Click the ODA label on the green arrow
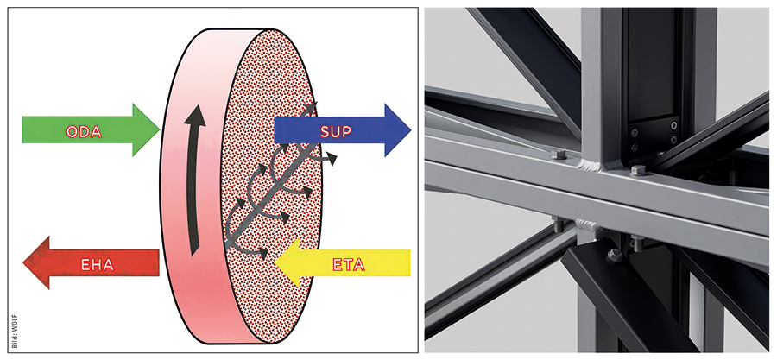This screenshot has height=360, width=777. (x=84, y=132)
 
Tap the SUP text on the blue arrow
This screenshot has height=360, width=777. (x=336, y=131)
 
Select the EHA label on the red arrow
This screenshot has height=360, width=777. (x=98, y=265)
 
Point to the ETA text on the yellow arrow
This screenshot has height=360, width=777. (x=349, y=265)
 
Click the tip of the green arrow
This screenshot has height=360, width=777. (x=159, y=129)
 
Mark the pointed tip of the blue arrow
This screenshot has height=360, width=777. (x=411, y=130)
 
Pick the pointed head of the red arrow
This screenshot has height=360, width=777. (x=24, y=262)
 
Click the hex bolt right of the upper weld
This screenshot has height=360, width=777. (x=639, y=171)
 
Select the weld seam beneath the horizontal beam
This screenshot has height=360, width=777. (x=588, y=226)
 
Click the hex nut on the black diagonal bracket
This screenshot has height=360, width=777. (x=615, y=256)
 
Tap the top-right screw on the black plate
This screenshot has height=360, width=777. (x=674, y=125)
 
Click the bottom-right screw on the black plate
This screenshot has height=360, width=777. (x=673, y=141)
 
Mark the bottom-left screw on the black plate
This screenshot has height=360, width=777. (x=635, y=147)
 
